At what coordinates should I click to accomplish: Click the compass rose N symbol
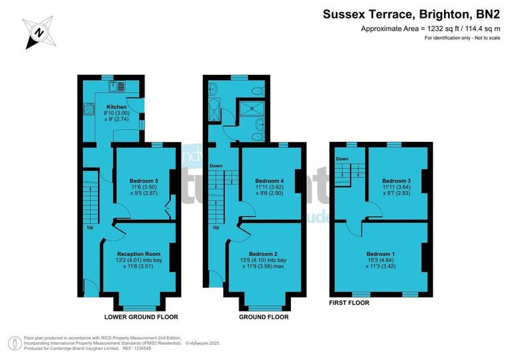pos(39,32)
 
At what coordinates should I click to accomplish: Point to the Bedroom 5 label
pos(144,181)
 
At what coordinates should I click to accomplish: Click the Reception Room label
pos(139,254)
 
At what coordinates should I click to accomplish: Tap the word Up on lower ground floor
pos(90,227)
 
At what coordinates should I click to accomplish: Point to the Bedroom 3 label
pos(396,181)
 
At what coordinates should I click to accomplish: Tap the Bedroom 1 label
pos(380,254)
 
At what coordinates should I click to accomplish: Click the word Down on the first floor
pos(342,159)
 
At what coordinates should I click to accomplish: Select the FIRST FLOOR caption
pos(349,302)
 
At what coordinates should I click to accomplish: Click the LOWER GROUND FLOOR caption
pos(141,317)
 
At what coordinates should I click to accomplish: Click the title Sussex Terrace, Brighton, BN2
pos(411,13)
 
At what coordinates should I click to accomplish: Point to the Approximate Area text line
pos(429,29)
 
